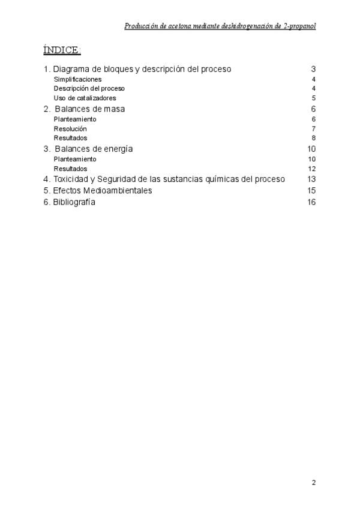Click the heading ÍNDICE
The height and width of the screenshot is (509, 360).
[x=61, y=50]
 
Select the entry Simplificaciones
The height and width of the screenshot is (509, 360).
[x=77, y=79]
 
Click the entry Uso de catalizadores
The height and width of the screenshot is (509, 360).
[x=85, y=98]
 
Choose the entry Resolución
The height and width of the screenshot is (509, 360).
[x=70, y=128]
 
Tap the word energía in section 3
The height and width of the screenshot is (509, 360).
[x=118, y=149]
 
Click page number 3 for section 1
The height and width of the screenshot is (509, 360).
[x=313, y=69]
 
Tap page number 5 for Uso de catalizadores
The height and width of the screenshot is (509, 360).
[x=314, y=98]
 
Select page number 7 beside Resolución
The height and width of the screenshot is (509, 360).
[x=314, y=128]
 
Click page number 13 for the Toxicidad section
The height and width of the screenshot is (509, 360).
[x=311, y=179]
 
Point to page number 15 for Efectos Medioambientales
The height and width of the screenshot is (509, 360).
[x=311, y=191]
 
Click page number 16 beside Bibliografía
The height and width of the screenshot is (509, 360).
[x=311, y=202]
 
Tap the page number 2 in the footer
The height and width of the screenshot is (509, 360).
[x=314, y=483]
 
